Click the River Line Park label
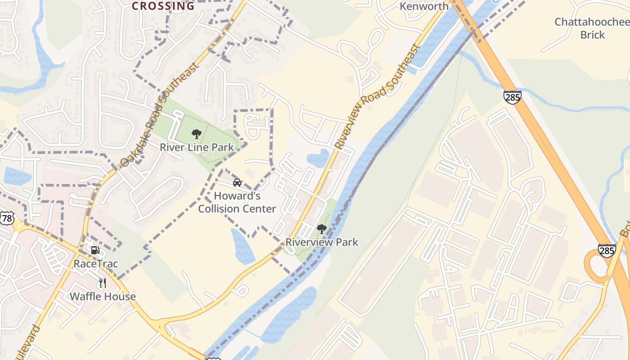(x=197, y=147)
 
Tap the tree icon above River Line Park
(x=196, y=134)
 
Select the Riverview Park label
(x=322, y=242)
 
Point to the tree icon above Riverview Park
(x=321, y=229)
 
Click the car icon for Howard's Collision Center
(x=237, y=182)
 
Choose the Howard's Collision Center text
(x=237, y=202)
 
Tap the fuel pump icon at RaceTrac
(x=95, y=250)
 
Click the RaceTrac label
(x=96, y=264)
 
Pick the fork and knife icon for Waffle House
(x=103, y=283)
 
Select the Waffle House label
(x=103, y=297)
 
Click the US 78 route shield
(x=7, y=219)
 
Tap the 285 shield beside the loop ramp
(x=607, y=251)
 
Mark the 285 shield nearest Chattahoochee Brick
(x=513, y=97)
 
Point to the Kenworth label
(x=424, y=6)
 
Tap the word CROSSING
(x=163, y=6)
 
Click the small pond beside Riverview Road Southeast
(x=318, y=158)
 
